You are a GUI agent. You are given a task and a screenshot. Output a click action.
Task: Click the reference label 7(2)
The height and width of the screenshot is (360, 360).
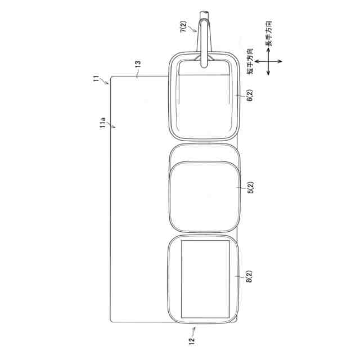pyautogui.click(x=184, y=26)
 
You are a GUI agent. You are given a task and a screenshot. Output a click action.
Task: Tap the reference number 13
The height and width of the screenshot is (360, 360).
pyautogui.click(x=138, y=64)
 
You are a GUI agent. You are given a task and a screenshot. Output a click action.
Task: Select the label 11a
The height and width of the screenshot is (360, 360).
pyautogui.click(x=102, y=123)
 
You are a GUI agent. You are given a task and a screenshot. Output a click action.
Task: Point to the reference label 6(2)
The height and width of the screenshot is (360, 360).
pyautogui.click(x=250, y=95)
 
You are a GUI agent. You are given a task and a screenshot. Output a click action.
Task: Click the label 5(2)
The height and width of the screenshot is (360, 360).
pyautogui.click(x=250, y=187)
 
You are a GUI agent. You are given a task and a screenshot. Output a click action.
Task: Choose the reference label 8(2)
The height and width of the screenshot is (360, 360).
pyautogui.click(x=249, y=276)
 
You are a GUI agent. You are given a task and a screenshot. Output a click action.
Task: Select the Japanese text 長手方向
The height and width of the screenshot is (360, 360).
pyautogui.click(x=269, y=34)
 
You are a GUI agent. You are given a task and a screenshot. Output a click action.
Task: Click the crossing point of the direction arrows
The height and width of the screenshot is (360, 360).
pyautogui.click(x=268, y=61)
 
